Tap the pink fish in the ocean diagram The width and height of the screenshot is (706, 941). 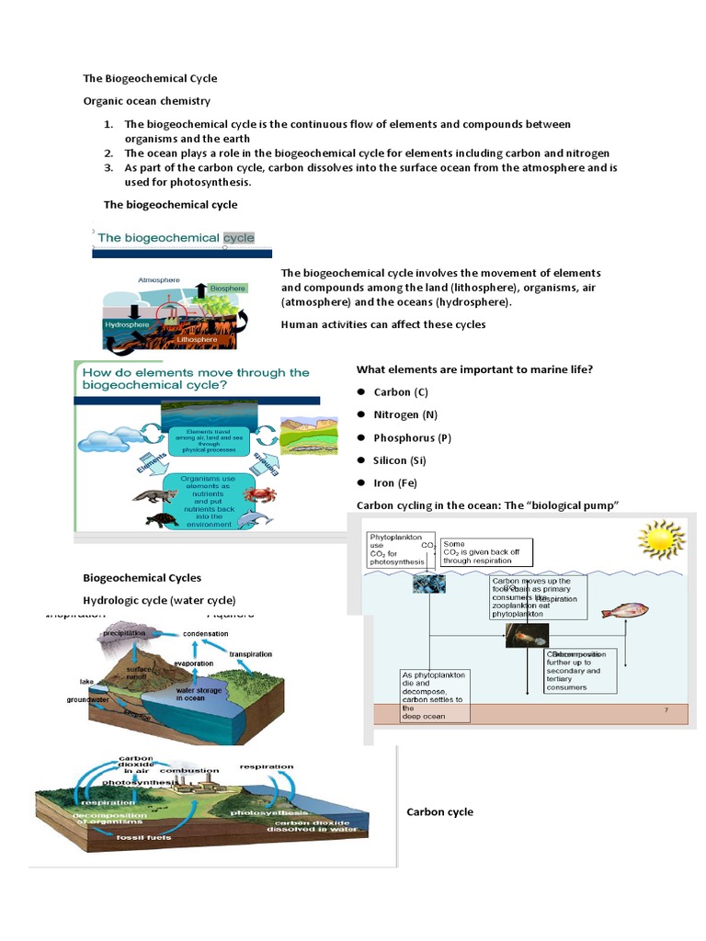point(625,610)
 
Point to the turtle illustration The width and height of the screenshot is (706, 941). point(161,519)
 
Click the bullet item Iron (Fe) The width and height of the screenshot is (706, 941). point(395,482)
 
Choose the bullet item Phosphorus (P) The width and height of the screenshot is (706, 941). point(412,438)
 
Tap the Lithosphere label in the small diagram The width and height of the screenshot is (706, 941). point(197,339)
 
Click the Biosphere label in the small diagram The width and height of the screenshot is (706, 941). point(227,289)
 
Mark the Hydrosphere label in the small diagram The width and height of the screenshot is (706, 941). point(128,324)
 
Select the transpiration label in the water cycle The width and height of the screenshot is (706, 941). point(251,654)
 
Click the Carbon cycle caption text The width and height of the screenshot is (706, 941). point(439,812)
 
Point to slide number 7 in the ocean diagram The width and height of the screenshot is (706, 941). point(666,710)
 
